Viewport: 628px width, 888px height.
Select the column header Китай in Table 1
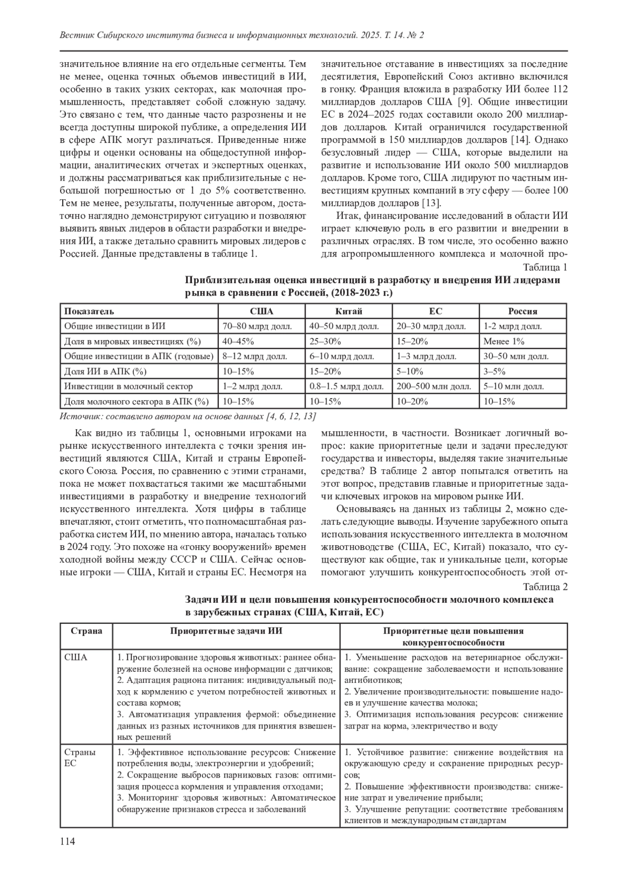349,311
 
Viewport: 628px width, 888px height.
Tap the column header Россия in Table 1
523,311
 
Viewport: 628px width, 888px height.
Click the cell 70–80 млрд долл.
257,327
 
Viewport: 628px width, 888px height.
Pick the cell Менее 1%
504,342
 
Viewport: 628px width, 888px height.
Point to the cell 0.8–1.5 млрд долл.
346,387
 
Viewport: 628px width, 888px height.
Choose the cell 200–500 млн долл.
434,387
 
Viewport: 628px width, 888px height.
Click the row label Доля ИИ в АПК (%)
105,372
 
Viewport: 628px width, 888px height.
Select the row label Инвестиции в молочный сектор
128,387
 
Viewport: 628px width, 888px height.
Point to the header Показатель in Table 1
89,311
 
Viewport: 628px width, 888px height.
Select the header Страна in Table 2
86,631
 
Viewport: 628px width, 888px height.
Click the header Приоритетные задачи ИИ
226,631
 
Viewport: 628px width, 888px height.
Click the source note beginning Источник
187,417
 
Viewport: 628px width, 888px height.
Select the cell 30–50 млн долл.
516,357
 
